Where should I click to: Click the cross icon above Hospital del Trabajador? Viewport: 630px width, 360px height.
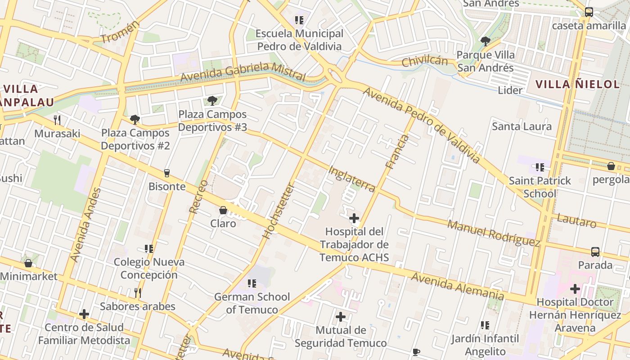(x=354, y=219)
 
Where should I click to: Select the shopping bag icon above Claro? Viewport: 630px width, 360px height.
(x=223, y=210)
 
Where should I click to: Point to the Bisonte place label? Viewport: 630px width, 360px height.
(x=167, y=186)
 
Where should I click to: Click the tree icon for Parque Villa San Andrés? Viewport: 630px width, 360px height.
(x=485, y=41)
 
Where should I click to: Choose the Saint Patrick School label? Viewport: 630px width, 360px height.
(x=540, y=187)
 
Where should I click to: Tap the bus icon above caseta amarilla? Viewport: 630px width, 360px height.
(x=589, y=12)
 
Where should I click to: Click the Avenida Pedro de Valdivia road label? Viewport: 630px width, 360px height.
(x=422, y=125)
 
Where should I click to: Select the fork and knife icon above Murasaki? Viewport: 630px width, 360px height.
(x=57, y=120)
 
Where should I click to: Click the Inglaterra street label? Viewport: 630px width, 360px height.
(x=351, y=179)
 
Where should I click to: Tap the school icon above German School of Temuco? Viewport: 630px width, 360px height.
(x=252, y=283)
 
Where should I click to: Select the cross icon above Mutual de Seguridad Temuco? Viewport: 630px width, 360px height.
(x=341, y=317)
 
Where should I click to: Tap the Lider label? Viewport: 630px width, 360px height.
(x=510, y=90)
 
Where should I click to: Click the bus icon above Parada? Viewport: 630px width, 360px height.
(x=595, y=252)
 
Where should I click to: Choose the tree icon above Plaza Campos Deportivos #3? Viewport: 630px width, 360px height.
(x=212, y=101)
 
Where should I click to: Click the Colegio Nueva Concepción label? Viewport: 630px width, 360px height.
(x=149, y=268)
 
